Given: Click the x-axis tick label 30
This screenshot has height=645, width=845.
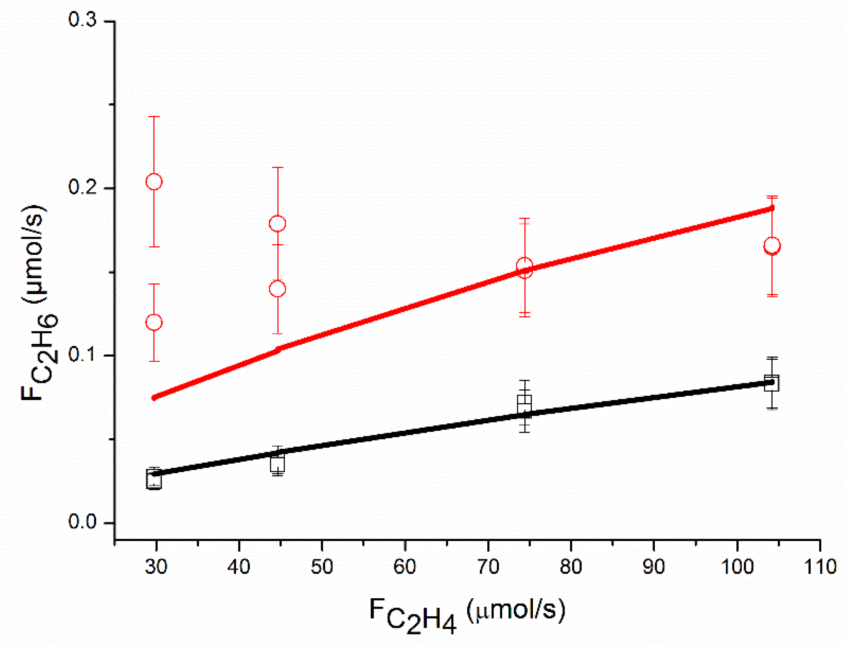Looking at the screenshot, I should coord(156,567).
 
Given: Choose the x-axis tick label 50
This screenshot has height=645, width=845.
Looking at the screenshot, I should coord(322,567).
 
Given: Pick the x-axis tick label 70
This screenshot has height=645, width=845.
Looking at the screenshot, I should coord(488,567).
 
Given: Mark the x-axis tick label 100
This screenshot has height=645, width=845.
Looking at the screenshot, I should coord(737,567).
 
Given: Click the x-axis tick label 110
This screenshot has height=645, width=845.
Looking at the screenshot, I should coord(820,567).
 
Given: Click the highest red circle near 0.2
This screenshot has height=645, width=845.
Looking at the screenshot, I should coord(154,182).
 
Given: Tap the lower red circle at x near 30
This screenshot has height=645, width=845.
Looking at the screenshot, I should coord(154,322).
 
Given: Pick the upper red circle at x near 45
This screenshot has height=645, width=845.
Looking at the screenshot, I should coord(277,223).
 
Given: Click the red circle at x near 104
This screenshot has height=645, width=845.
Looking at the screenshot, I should coord(772,245).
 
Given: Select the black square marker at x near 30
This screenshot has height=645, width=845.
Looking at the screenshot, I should coord(154,479).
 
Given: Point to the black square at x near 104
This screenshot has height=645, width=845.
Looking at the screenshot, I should coord(771,383).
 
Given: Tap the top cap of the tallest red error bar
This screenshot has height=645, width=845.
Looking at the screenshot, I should coord(154,116).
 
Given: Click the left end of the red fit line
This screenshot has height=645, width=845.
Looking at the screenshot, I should coord(155,397).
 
